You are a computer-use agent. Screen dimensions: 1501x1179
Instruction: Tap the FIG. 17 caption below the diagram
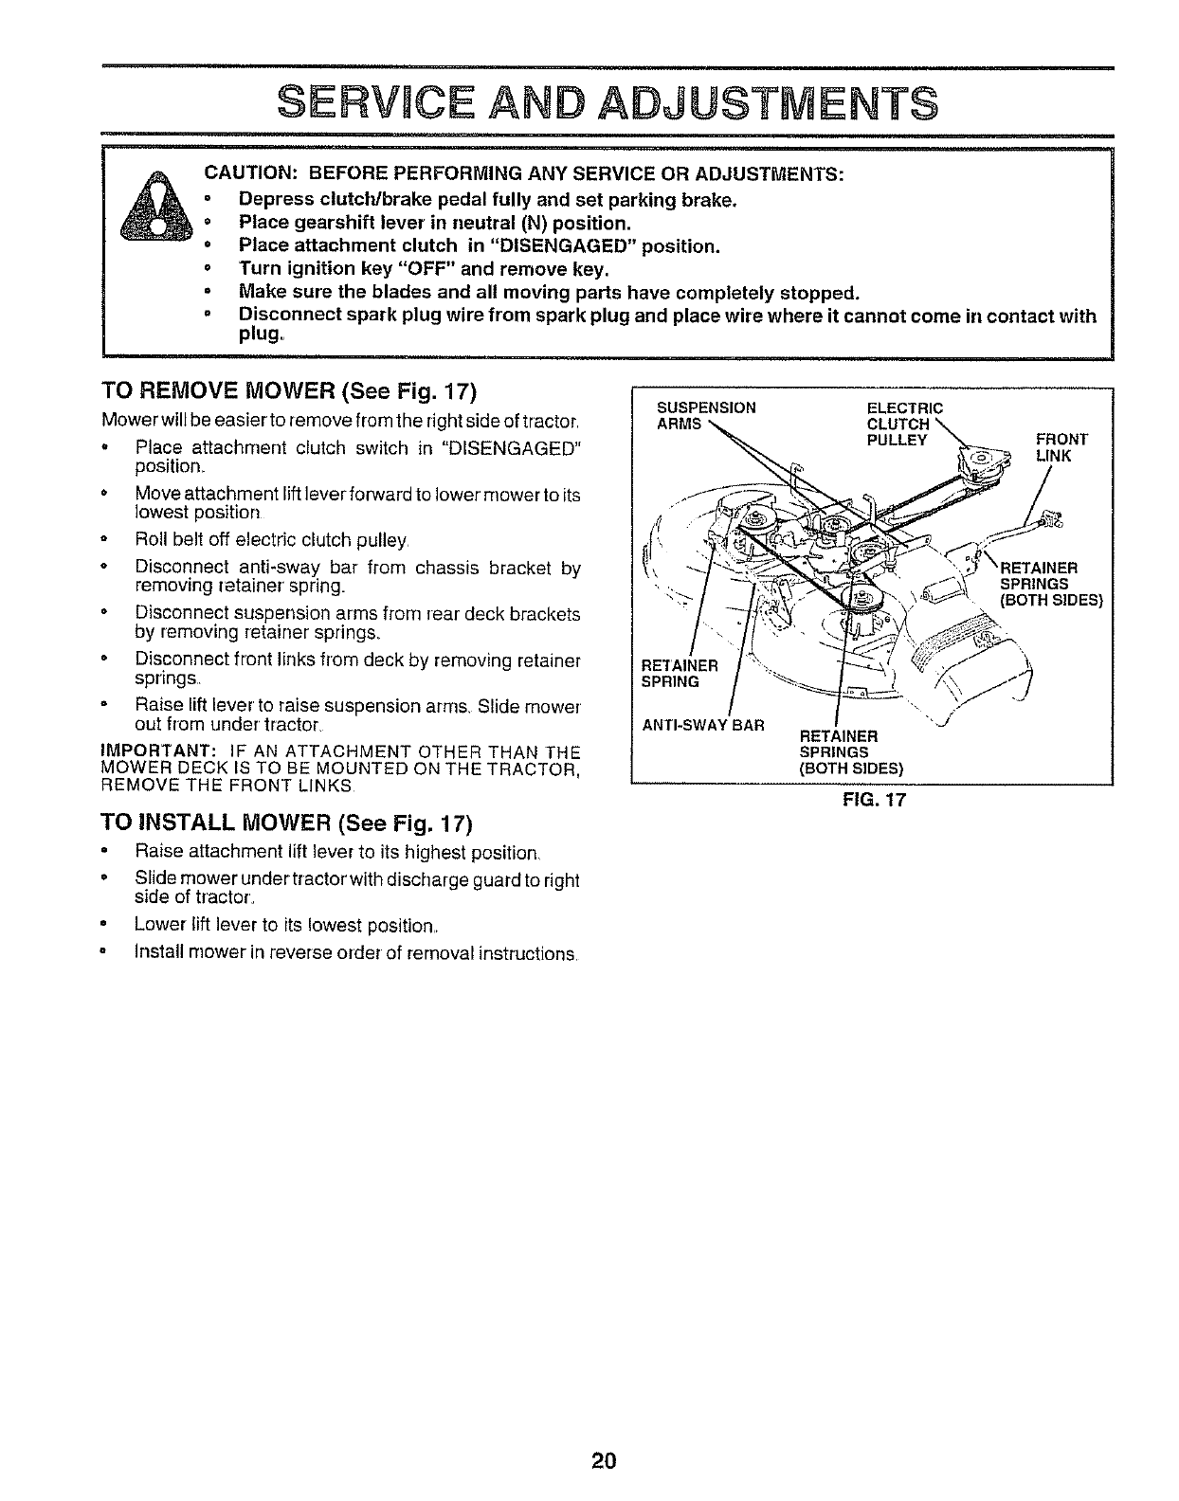[x=874, y=799]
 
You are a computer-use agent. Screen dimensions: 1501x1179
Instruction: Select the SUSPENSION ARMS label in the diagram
[x=705, y=415]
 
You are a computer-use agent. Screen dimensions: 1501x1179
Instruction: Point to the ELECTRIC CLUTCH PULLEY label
[x=903, y=424]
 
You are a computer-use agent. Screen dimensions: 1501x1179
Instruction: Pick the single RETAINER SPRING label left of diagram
[x=680, y=673]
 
